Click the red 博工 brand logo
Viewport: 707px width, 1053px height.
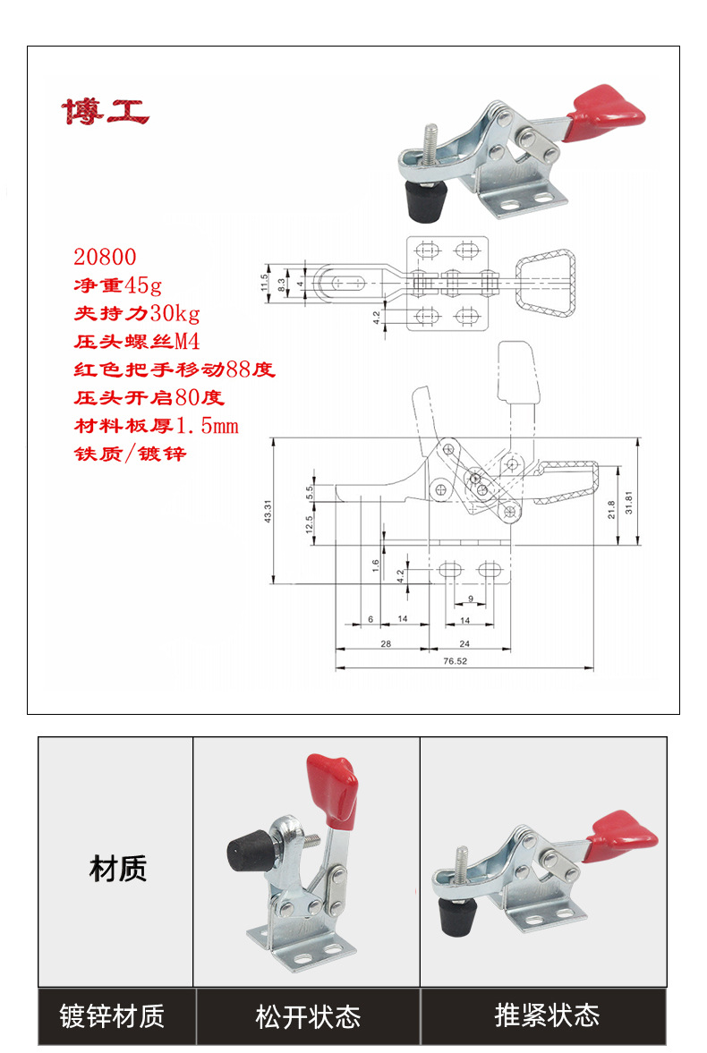[106, 112]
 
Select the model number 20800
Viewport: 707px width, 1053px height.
[105, 258]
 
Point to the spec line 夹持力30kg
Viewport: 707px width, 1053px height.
[136, 313]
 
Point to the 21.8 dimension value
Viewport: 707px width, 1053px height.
[611, 509]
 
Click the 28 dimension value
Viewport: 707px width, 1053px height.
[386, 643]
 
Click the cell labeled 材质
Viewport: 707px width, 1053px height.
[117, 868]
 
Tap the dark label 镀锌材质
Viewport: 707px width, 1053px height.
[112, 1016]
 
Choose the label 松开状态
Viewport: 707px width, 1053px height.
[307, 1016]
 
